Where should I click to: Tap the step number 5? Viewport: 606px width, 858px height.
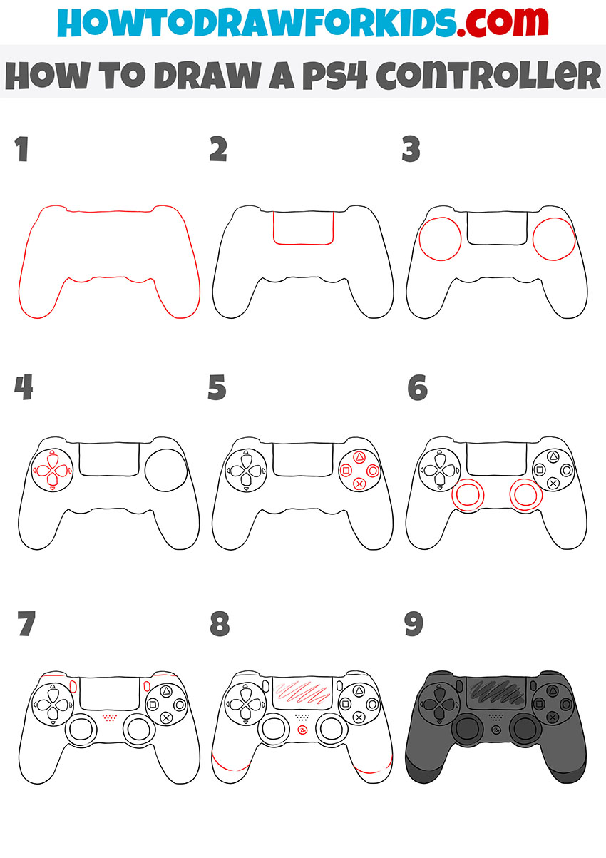click(217, 389)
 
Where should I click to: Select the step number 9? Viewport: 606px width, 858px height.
click(413, 625)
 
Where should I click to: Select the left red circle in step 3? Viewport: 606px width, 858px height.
click(441, 239)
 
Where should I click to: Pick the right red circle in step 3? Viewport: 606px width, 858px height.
click(553, 239)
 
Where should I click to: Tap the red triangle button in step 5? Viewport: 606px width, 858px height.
click(360, 457)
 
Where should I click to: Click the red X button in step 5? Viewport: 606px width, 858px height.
click(360, 483)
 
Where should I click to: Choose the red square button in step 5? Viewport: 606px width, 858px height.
click(346, 470)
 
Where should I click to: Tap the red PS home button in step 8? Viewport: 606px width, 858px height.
click(303, 731)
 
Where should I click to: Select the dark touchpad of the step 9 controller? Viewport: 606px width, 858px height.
click(497, 690)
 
